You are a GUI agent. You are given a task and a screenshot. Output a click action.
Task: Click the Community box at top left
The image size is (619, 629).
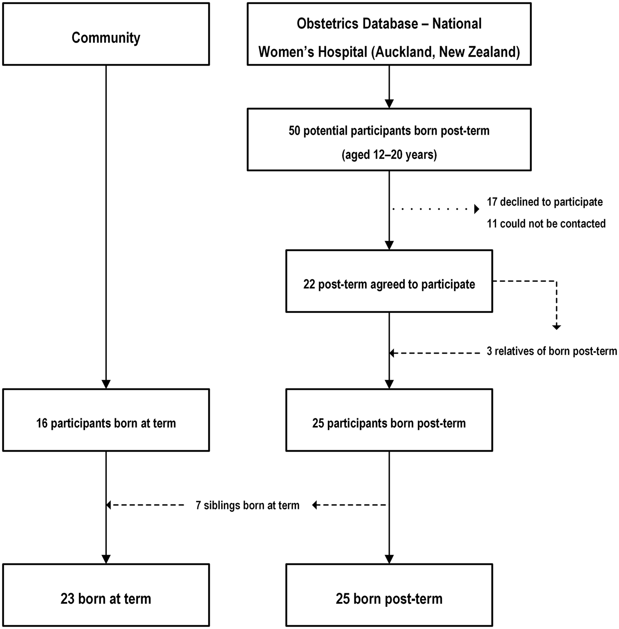[x=106, y=34]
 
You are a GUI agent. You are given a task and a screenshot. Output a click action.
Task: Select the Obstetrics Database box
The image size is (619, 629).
[x=389, y=34]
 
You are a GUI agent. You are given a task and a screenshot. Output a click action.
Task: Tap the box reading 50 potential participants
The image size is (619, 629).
[x=389, y=140]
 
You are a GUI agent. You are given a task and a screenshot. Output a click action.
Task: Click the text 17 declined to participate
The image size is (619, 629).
[x=545, y=202]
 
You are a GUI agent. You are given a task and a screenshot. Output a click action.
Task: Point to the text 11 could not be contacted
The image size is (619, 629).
[x=546, y=224]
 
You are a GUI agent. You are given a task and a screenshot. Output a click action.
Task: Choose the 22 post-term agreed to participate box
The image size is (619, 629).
[x=389, y=281]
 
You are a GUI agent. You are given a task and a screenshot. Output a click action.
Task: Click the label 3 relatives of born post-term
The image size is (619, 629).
[x=552, y=351]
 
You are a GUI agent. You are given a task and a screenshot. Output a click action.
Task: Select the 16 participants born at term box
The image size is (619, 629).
[x=106, y=420]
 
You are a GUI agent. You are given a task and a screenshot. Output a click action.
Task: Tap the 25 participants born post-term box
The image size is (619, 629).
[x=389, y=420]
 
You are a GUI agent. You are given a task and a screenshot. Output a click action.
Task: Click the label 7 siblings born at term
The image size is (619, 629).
[x=248, y=505]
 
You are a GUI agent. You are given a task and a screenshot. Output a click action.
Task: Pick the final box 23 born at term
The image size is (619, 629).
[x=106, y=595]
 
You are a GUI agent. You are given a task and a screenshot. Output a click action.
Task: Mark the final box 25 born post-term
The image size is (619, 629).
[x=389, y=595]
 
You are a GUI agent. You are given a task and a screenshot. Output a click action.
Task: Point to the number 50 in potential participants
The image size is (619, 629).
[x=295, y=131]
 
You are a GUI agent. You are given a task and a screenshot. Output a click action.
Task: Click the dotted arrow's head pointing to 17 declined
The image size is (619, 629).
[x=476, y=209]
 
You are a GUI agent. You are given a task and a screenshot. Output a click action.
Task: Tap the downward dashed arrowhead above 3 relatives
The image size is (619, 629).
[x=556, y=327]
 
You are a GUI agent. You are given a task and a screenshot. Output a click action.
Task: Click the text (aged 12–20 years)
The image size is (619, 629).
[x=389, y=155]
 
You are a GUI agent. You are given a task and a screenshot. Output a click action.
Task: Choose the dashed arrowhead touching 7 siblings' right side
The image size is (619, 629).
[x=315, y=505]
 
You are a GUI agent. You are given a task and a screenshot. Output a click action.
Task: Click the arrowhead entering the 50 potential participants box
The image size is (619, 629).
[x=389, y=104]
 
